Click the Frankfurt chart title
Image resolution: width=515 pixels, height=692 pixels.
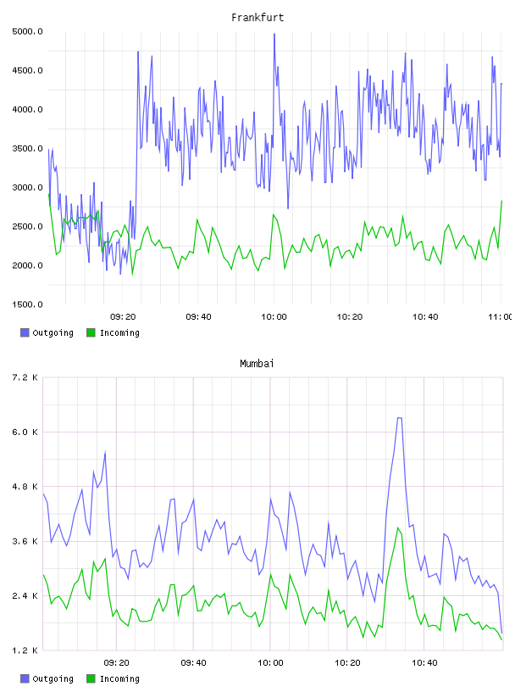click(257, 18)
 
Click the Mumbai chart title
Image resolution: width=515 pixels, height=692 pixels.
click(257, 364)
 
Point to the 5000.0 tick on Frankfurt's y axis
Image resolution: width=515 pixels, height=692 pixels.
click(27, 31)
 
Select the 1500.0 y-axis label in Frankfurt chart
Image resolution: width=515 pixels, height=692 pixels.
click(27, 304)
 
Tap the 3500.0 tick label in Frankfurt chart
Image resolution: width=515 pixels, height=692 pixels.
click(27, 148)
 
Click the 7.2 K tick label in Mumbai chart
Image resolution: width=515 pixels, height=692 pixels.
click(25, 377)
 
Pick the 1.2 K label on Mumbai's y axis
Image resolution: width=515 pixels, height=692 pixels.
click(25, 650)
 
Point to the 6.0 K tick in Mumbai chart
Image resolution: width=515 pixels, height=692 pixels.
click(25, 432)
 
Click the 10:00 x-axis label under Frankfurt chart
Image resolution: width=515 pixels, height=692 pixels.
click(274, 317)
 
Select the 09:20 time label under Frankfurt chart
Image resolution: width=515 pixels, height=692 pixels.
click(123, 317)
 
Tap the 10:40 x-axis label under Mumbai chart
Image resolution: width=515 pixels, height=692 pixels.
click(424, 663)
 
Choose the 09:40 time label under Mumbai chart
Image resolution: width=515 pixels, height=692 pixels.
click(194, 663)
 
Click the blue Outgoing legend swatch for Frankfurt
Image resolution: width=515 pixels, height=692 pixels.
click(25, 332)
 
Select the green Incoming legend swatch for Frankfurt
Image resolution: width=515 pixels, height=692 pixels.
click(91, 332)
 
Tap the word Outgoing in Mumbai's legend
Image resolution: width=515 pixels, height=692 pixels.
click(53, 678)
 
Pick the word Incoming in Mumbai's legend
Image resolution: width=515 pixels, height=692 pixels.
click(119, 678)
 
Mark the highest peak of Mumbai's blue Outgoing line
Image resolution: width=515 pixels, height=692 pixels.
click(399, 417)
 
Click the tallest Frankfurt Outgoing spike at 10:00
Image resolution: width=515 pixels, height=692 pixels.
click(274, 34)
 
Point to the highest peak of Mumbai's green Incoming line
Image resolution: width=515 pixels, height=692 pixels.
click(398, 527)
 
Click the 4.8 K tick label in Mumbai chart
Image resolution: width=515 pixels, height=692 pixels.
click(25, 487)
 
